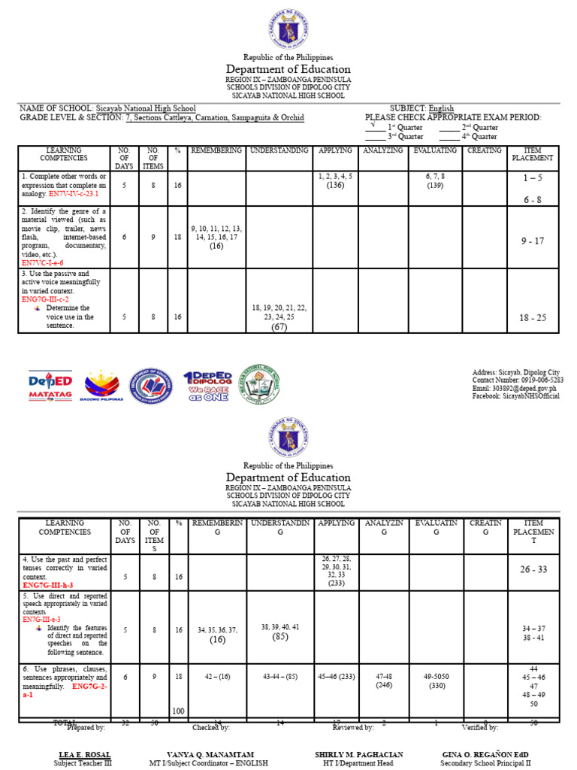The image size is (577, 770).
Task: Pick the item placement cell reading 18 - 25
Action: point(533,318)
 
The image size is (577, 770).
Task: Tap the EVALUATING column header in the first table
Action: point(434,150)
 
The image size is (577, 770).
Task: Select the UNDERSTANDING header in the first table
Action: point(279,150)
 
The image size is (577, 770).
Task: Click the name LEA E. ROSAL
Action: point(83,754)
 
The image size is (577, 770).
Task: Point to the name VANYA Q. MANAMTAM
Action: point(211,754)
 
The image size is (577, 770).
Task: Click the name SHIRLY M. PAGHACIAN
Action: point(359,754)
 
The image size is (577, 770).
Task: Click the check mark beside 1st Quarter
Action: point(373,125)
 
